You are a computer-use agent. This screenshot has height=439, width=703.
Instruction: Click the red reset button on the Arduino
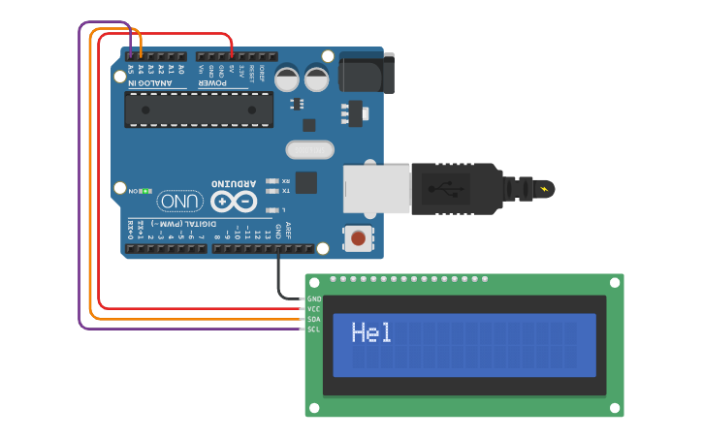(359, 237)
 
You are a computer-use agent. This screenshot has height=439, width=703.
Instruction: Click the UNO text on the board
(180, 202)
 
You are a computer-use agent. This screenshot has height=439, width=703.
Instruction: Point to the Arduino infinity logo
(234, 202)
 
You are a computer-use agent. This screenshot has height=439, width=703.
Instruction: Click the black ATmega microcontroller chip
(198, 110)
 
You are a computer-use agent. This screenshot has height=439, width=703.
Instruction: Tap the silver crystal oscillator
(309, 149)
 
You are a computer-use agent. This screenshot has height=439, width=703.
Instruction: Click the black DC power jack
(367, 74)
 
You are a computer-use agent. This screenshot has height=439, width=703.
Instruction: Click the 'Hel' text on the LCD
(371, 333)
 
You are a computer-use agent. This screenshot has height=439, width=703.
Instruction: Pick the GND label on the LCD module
(313, 298)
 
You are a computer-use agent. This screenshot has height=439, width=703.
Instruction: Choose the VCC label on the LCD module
(313, 309)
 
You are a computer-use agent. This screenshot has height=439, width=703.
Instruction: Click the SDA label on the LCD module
(313, 319)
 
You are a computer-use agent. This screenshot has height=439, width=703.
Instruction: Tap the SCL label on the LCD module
(313, 329)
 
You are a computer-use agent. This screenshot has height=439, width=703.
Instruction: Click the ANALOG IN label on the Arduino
(147, 83)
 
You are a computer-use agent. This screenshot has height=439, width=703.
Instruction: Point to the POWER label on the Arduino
(213, 83)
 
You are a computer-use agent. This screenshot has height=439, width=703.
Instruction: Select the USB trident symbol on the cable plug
(451, 189)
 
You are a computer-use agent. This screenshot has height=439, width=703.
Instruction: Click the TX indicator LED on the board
(272, 190)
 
